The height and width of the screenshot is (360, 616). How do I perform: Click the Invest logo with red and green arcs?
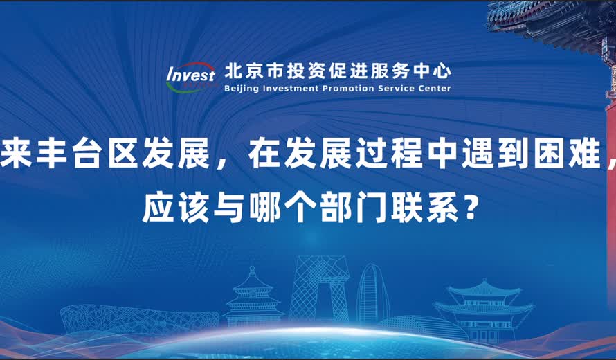(x=191, y=77)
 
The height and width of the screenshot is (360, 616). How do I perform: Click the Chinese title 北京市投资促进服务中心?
(x=338, y=71)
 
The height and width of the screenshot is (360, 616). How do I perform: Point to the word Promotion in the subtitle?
(x=348, y=88)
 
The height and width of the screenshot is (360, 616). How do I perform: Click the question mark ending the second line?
(x=469, y=207)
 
